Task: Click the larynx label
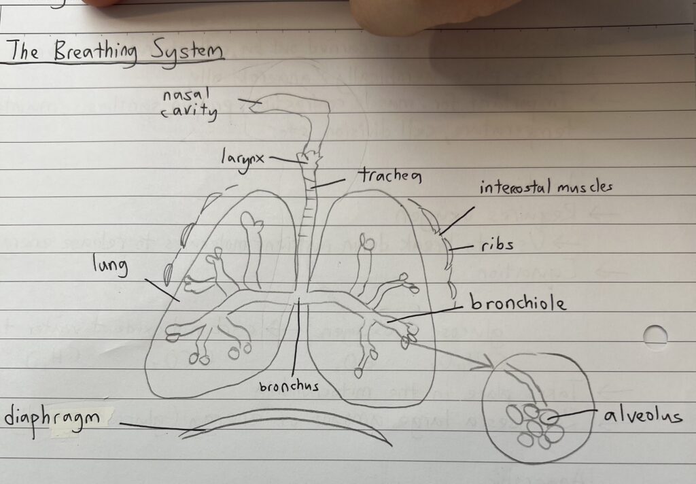242,158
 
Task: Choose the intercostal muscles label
546,186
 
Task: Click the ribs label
495,245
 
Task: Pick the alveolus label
642,415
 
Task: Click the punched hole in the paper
655,336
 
